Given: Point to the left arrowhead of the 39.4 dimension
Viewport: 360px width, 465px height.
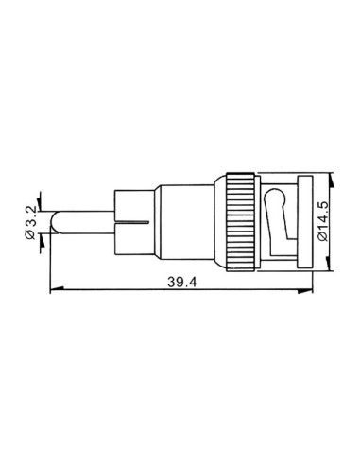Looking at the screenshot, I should [x=49, y=290].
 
